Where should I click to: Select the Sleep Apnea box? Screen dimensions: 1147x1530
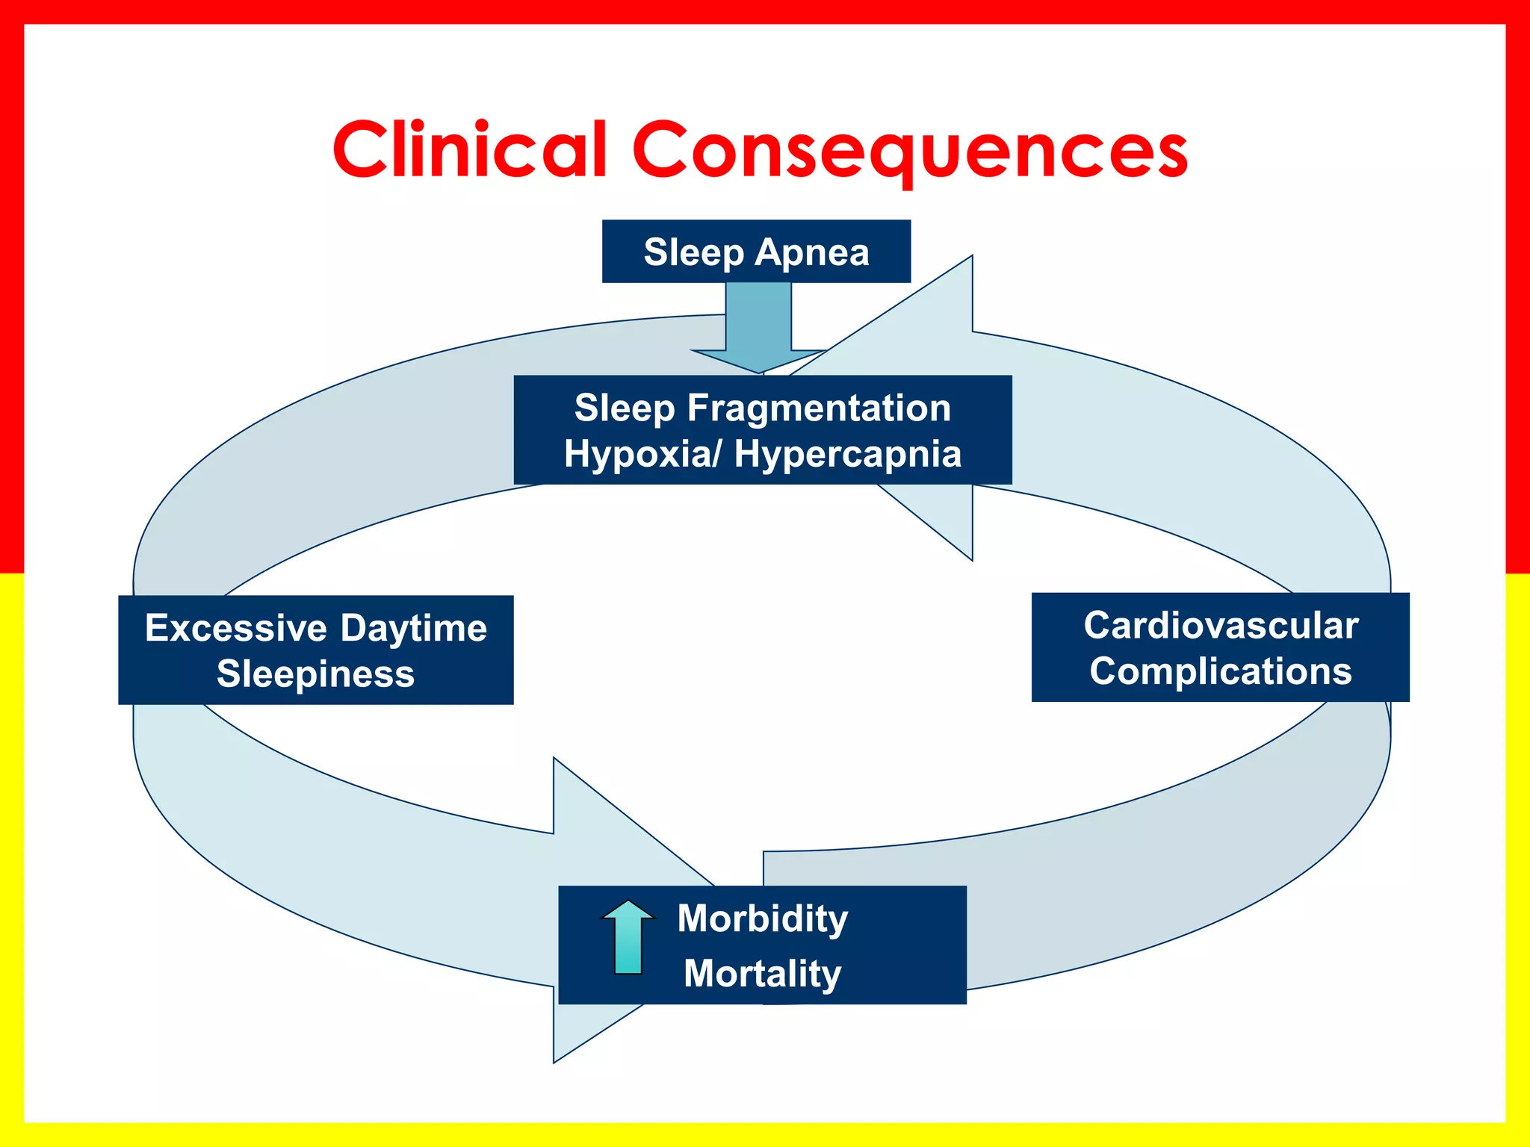(x=756, y=252)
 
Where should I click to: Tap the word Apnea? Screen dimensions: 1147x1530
(x=812, y=252)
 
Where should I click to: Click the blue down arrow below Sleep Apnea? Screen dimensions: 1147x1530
(x=758, y=329)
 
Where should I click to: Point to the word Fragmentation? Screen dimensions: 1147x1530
(x=819, y=408)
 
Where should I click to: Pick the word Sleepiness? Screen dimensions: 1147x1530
(x=315, y=674)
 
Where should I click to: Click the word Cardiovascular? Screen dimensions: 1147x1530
(x=1221, y=626)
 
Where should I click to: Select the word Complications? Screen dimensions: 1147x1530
(x=1221, y=671)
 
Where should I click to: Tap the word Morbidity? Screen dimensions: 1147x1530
(x=763, y=918)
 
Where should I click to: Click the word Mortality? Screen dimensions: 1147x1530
(x=763, y=974)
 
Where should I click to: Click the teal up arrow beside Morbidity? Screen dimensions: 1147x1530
(x=628, y=936)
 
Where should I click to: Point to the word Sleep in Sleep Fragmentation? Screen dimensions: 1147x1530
(x=625, y=408)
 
